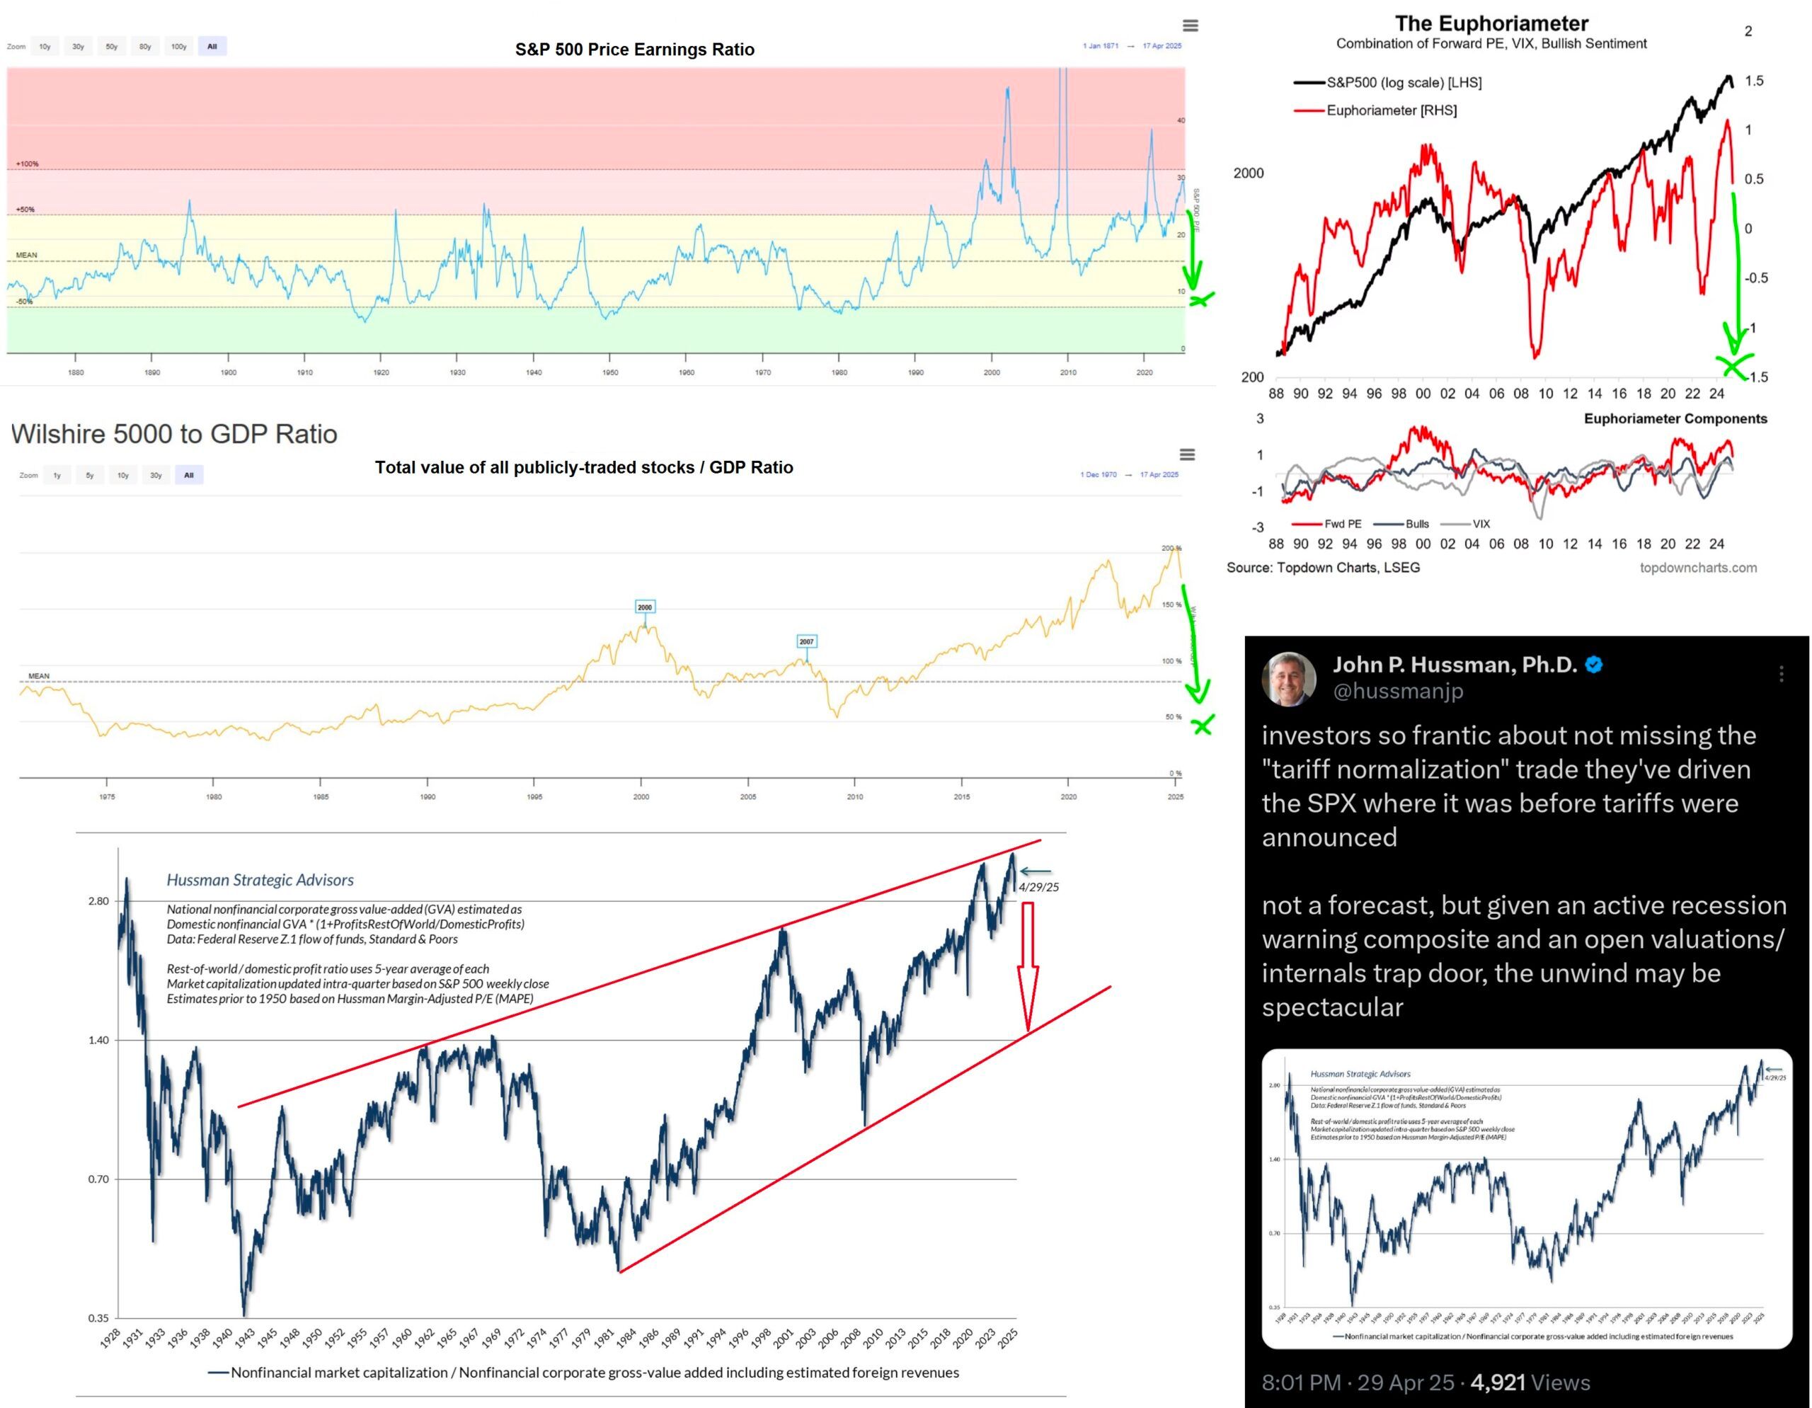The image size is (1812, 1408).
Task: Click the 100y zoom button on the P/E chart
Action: click(x=178, y=47)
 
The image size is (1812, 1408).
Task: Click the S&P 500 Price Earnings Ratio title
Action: click(x=635, y=50)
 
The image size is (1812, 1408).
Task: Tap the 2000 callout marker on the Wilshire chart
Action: click(x=645, y=607)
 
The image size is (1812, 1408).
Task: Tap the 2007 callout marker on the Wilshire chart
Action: click(x=806, y=641)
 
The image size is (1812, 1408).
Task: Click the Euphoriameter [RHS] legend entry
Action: click(x=1391, y=110)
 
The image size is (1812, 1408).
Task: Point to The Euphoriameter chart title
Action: click(x=1491, y=23)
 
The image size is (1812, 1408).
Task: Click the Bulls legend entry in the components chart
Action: click(x=1416, y=524)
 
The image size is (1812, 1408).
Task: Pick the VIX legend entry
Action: click(x=1480, y=524)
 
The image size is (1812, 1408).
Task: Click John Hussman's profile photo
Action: click(x=1288, y=680)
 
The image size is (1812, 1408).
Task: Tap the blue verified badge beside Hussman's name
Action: click(x=1594, y=665)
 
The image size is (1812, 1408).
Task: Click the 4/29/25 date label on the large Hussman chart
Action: click(x=1039, y=887)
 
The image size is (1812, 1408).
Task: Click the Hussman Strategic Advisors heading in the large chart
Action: click(x=260, y=879)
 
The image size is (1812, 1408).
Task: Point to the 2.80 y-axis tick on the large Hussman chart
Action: click(x=98, y=901)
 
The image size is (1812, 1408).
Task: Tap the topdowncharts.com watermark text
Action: click(x=1697, y=568)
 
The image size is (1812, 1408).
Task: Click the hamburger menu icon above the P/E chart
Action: click(x=1190, y=25)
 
